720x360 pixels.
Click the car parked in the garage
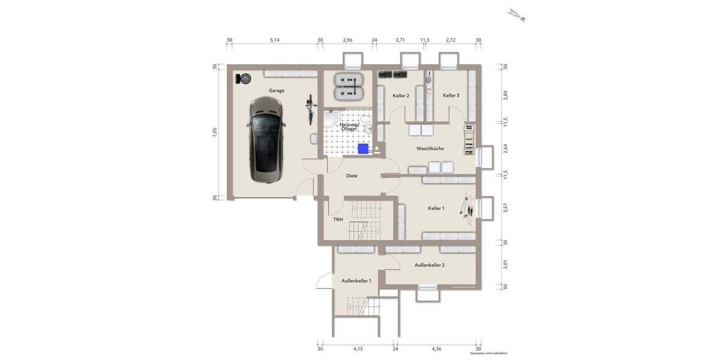pyautogui.click(x=265, y=139)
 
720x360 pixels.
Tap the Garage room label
pyautogui.click(x=277, y=91)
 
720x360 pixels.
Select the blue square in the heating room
pyautogui.click(x=362, y=148)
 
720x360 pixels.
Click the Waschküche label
pyautogui.click(x=430, y=148)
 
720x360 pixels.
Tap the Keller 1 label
pyautogui.click(x=436, y=208)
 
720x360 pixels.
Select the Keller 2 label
pyautogui.click(x=401, y=96)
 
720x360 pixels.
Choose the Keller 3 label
pyautogui.click(x=451, y=96)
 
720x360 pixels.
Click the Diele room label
pyautogui.click(x=352, y=176)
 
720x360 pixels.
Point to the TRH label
pyautogui.click(x=338, y=220)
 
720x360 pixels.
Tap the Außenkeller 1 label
pyautogui.click(x=356, y=281)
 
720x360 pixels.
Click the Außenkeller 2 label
pyautogui.click(x=429, y=265)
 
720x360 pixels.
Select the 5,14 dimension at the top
pyautogui.click(x=275, y=40)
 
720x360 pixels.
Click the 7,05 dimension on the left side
pyautogui.click(x=215, y=132)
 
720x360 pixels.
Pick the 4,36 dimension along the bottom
pyautogui.click(x=436, y=349)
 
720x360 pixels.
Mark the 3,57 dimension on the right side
pyautogui.click(x=505, y=208)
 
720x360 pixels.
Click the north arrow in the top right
pyautogui.click(x=517, y=14)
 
